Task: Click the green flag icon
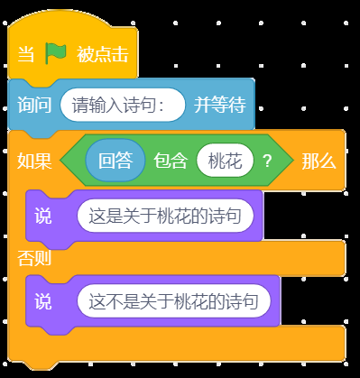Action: pyautogui.click(x=56, y=53)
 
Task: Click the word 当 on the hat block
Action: pyautogui.click(x=26, y=54)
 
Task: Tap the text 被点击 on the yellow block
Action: pyautogui.click(x=103, y=54)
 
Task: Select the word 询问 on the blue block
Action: pyautogui.click(x=34, y=105)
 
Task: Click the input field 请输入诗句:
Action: pyautogui.click(x=123, y=105)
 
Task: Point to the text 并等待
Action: pyautogui.click(x=220, y=105)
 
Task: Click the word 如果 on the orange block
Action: pyautogui.click(x=34, y=161)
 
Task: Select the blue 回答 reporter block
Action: pyautogui.click(x=115, y=161)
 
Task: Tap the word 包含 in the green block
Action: pyautogui.click(x=171, y=161)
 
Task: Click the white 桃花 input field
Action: pyautogui.click(x=225, y=161)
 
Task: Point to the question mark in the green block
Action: pyautogui.click(x=267, y=161)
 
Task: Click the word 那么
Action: pyautogui.click(x=318, y=161)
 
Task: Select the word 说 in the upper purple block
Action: pyautogui.click(x=43, y=216)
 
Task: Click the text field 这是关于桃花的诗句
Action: pyautogui.click(x=165, y=216)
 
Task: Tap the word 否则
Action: pyautogui.click(x=34, y=258)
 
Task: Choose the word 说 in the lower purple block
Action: pyautogui.click(x=43, y=301)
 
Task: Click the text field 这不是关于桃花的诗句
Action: pyautogui.click(x=174, y=301)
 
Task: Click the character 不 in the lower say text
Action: pyautogui.click(x=115, y=301)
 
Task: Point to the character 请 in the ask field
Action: pyautogui.click(x=80, y=106)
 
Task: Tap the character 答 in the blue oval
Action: pyautogui.click(x=125, y=161)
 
